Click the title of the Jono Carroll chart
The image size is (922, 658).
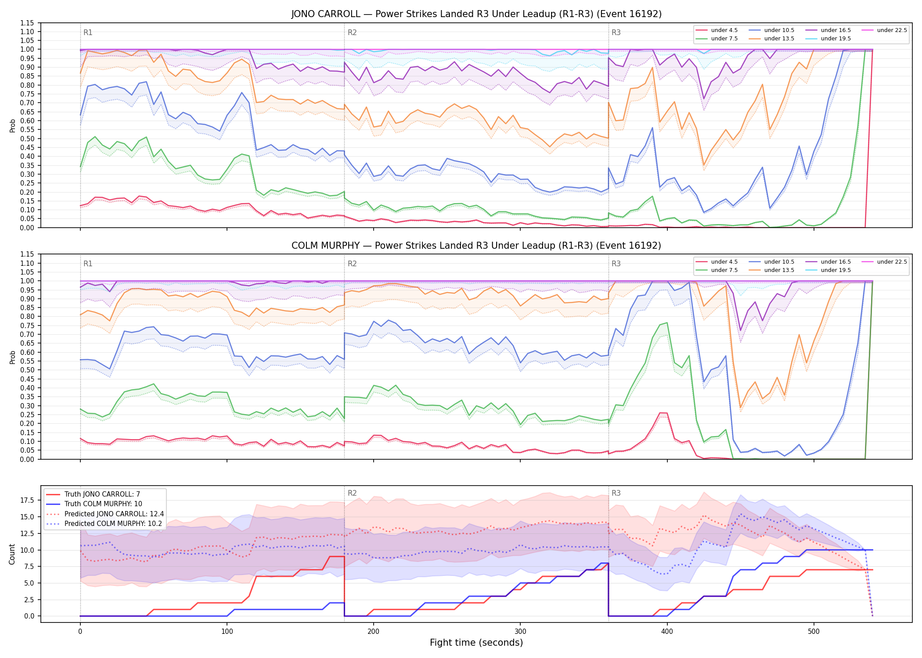476,14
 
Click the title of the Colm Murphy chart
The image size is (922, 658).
476,246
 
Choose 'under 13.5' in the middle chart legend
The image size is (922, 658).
779,270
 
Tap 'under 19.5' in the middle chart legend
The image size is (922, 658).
836,270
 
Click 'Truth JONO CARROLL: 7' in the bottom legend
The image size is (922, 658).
102,494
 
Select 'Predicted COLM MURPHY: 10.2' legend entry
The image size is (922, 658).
113,524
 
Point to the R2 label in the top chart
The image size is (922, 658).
352,32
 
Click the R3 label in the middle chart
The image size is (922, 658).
616,264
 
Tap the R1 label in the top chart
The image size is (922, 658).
88,32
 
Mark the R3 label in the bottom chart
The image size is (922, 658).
616,493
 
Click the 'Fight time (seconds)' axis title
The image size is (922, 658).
476,643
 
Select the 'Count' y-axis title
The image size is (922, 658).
12,554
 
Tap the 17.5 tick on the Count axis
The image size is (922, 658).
28,501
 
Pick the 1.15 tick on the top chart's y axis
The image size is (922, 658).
28,23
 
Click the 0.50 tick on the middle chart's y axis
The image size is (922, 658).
28,370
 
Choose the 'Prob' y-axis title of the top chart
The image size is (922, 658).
12,125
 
